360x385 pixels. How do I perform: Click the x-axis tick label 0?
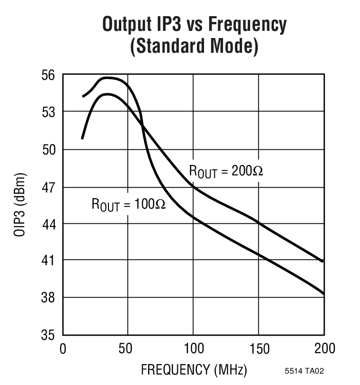click(63, 349)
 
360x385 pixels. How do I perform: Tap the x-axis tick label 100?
click(193, 349)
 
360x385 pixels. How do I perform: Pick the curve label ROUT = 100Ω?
click(128, 205)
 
